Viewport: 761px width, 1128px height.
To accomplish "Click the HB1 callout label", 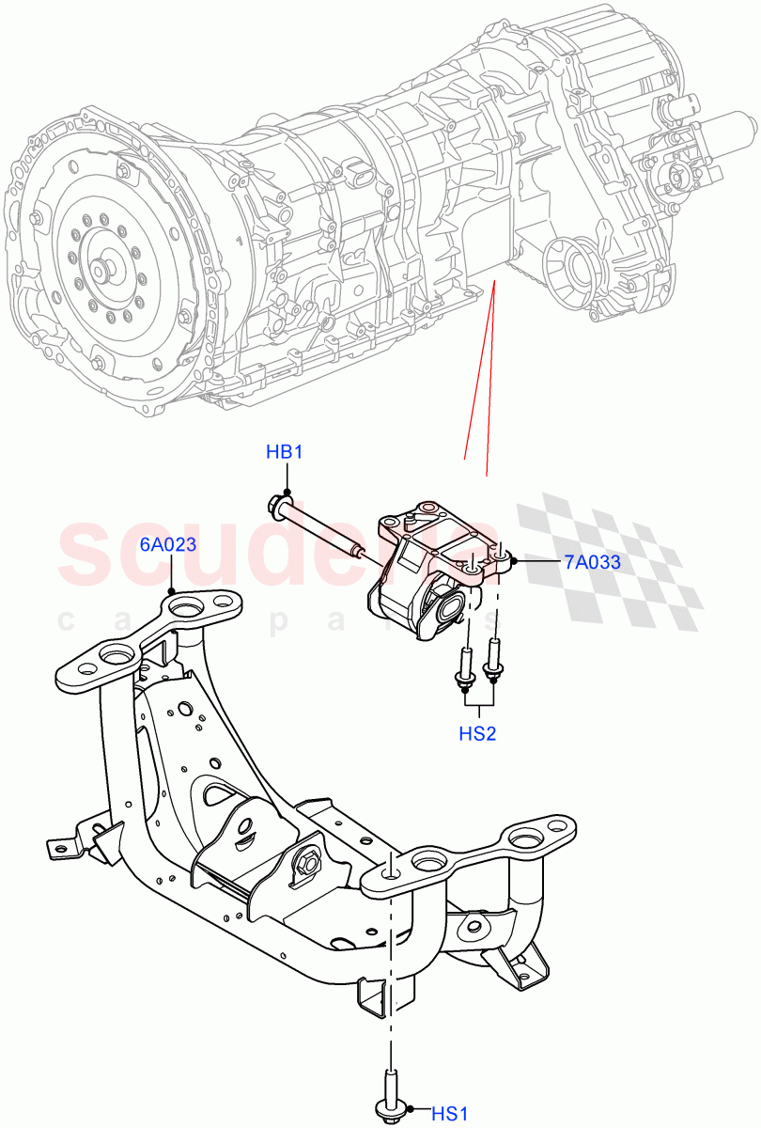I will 284,452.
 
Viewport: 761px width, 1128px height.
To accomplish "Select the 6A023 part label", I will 168,544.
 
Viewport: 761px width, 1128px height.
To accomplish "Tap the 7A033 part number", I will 593,562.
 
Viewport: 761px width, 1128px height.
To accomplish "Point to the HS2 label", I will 477,733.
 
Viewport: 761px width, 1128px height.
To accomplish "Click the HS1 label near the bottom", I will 450,1114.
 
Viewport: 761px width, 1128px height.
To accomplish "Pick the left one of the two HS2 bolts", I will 464,668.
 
